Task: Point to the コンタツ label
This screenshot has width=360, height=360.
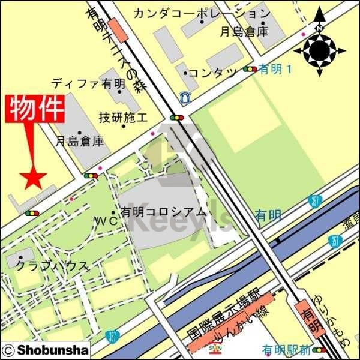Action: coord(213,73)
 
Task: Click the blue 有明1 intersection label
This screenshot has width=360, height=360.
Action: coord(275,70)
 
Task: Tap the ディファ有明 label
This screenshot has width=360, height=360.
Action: coord(88,83)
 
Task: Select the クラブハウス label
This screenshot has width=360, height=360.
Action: coord(52,265)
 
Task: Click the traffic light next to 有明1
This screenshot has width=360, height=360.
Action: coord(250,70)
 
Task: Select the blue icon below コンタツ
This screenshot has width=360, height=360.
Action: coord(184,96)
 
